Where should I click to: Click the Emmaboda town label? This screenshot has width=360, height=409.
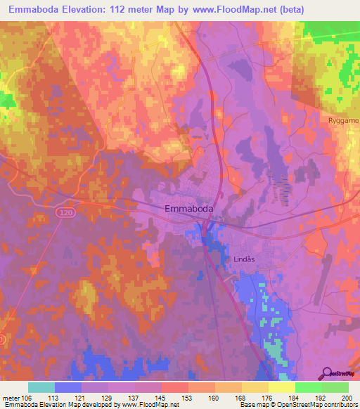[188, 209]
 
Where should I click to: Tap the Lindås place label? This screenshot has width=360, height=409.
[243, 259]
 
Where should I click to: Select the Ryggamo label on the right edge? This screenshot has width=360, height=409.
[343, 120]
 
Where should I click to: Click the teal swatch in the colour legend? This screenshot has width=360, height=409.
[41, 387]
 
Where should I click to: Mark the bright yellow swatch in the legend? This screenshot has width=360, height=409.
[281, 387]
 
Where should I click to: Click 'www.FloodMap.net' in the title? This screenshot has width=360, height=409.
[253, 10]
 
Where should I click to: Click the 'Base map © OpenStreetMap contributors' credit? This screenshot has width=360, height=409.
[298, 405]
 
